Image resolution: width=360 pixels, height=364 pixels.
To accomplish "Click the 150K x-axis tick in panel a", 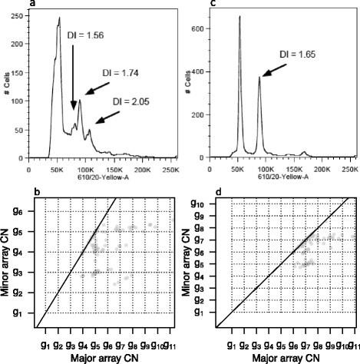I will (x=119, y=166).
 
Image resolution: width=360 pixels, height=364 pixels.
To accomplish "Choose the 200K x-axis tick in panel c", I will (x=322, y=166).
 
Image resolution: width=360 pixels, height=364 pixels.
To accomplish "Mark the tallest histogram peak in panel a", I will (x=58, y=18).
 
